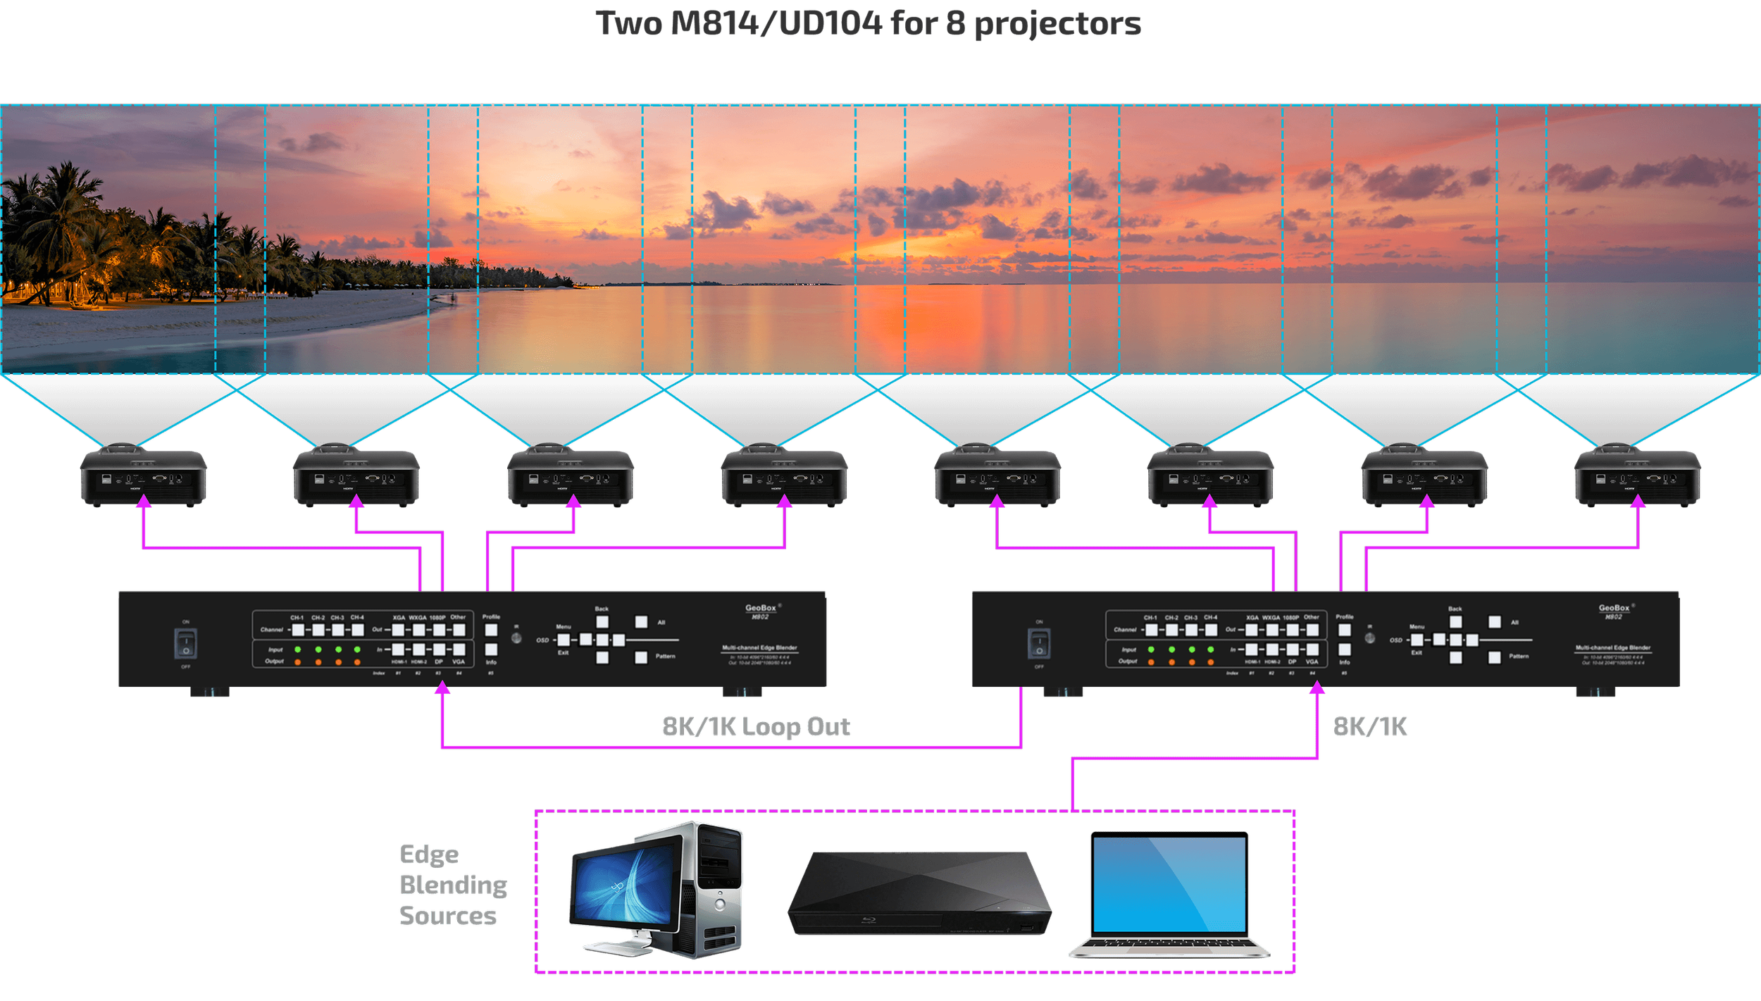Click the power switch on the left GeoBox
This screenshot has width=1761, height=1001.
pos(186,643)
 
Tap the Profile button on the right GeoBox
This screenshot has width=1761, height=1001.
pos(1345,630)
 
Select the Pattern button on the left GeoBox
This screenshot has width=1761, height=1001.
pos(641,657)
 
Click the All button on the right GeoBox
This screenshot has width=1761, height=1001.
pos(1495,622)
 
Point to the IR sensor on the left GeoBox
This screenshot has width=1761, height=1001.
pos(516,638)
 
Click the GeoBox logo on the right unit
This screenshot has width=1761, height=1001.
pos(1614,609)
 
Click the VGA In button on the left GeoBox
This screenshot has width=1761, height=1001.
pos(459,649)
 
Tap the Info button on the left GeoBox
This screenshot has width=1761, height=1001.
pos(491,649)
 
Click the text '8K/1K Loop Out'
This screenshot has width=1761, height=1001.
pos(757,727)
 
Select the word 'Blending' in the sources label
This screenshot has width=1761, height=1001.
pos(453,885)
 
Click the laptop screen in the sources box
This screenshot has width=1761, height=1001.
pos(1169,884)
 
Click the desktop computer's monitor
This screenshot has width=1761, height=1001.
pos(623,888)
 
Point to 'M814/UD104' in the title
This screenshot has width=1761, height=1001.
pos(776,24)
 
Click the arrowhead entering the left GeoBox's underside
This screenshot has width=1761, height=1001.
pos(442,689)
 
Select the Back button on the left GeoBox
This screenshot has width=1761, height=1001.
pos(602,622)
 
